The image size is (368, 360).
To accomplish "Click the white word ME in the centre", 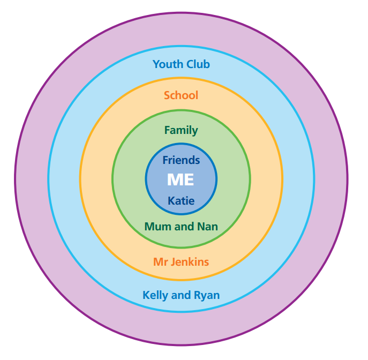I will tap(181, 180).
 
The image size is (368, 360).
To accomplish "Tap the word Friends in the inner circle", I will tap(181, 160).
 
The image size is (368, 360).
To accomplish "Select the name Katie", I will tap(181, 201).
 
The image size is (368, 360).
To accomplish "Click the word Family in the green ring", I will tap(181, 130).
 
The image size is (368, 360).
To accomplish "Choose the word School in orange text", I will tap(181, 95).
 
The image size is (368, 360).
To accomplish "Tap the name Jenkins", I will tap(189, 262).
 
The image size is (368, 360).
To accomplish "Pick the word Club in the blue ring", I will tap(197, 64).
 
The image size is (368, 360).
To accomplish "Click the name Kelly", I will tap(155, 295).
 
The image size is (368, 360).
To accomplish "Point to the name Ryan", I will tap(206, 295).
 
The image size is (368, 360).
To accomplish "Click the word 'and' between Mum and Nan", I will tap(183, 227).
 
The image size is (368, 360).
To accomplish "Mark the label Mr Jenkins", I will tap(181, 262).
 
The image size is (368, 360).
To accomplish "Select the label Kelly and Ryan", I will tap(181, 295).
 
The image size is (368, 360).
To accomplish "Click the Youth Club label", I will tap(181, 64).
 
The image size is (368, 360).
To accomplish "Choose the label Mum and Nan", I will tap(181, 227).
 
